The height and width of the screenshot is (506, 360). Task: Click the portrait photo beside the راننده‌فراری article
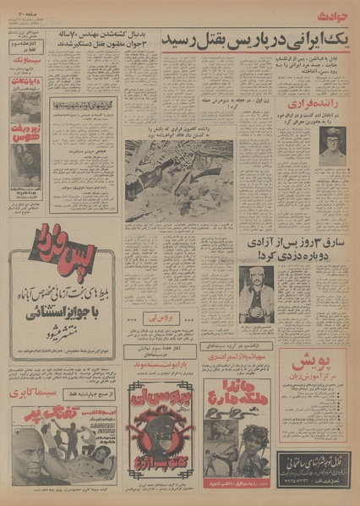(332, 144)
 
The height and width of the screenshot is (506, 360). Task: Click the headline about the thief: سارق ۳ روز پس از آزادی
(292, 250)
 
